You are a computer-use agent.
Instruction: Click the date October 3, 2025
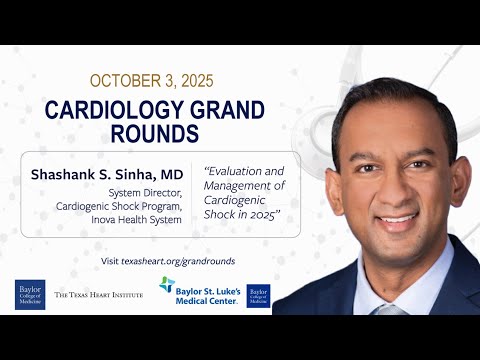(x=153, y=79)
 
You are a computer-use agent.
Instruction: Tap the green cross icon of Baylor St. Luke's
(x=167, y=285)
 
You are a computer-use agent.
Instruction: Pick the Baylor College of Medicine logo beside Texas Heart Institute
(x=30, y=294)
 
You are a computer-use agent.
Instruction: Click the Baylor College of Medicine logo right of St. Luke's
(x=258, y=295)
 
